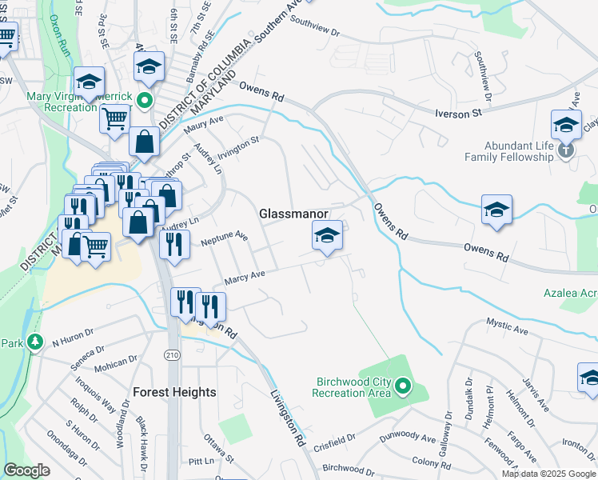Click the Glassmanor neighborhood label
click(294, 214)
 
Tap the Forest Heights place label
click(174, 392)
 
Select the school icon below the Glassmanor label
click(327, 237)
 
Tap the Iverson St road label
click(458, 114)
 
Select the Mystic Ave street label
click(508, 325)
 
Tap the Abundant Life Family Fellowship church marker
click(566, 150)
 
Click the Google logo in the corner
click(27, 470)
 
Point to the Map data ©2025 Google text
click(548, 474)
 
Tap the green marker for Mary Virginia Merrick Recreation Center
click(145, 100)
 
